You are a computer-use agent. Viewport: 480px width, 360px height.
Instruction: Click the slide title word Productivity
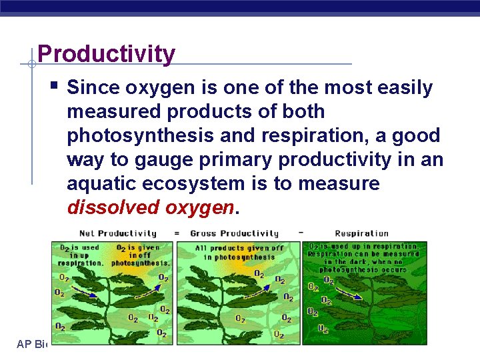point(107,53)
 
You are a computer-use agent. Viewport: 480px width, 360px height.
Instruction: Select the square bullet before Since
point(55,86)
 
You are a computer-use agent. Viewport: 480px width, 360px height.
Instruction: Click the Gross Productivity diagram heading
point(234,233)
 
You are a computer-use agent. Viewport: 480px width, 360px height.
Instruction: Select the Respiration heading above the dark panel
point(361,233)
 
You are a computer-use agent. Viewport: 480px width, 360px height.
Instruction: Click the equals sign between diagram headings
point(176,233)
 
